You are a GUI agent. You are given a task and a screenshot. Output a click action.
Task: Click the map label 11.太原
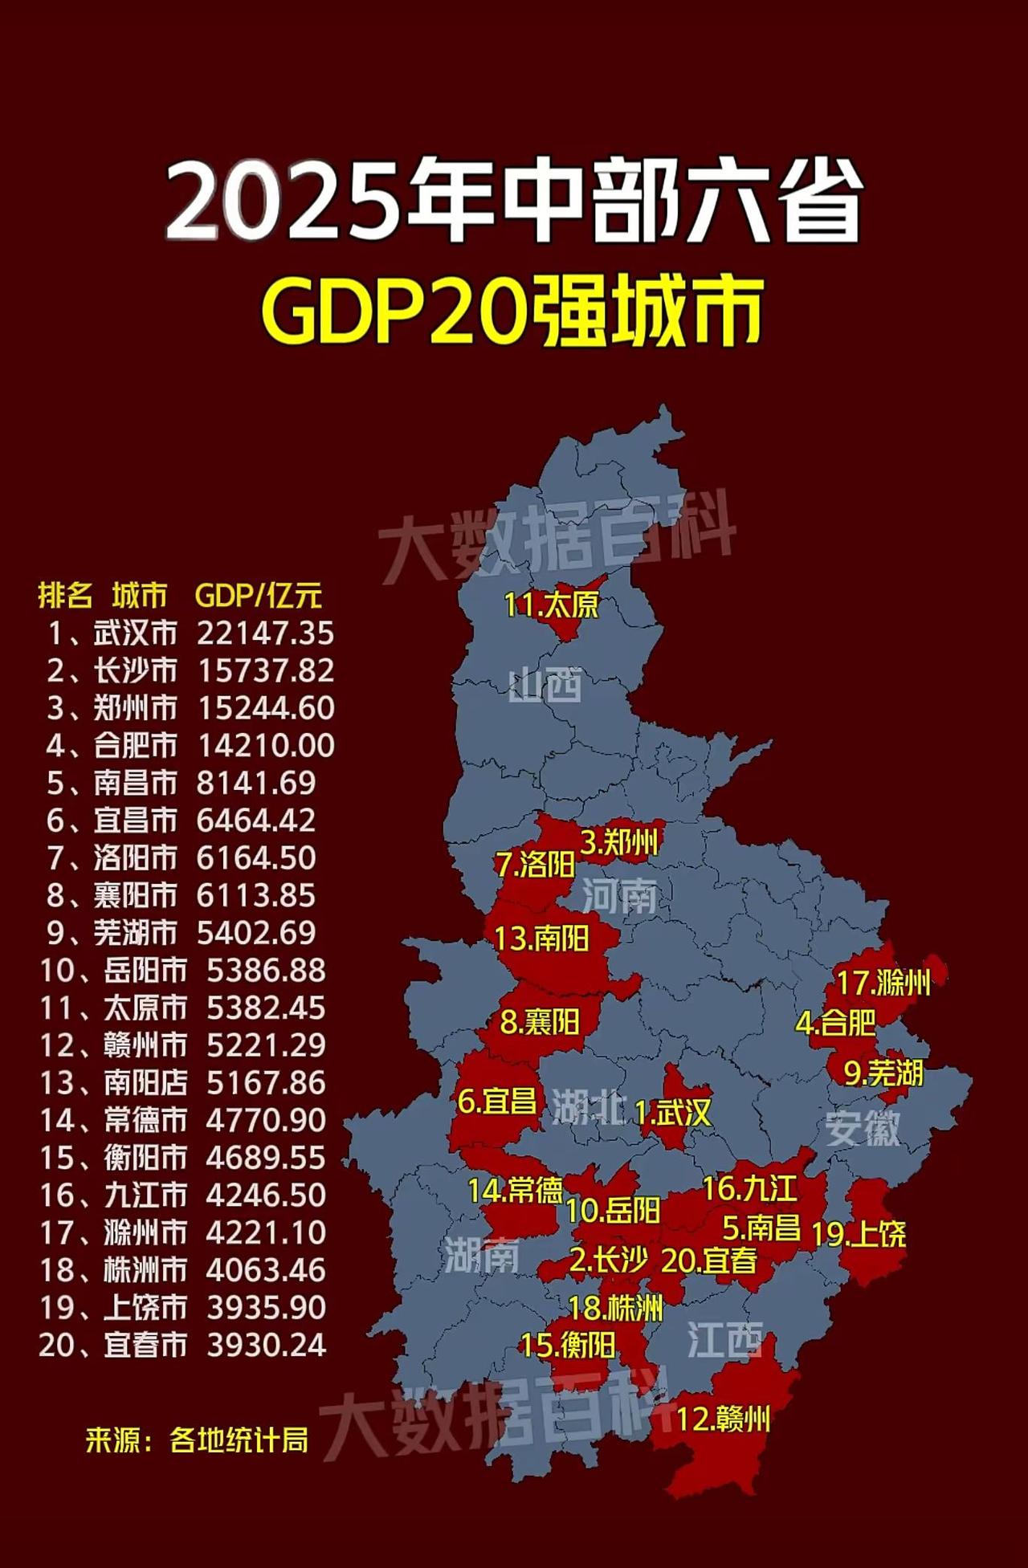pos(551,605)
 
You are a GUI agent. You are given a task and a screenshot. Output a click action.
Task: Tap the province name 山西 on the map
pos(545,686)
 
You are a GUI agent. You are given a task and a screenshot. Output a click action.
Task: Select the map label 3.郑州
pos(619,842)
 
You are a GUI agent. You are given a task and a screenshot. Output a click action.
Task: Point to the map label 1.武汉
pos(672,1113)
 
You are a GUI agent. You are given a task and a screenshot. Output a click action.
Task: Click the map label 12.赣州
pos(723,1419)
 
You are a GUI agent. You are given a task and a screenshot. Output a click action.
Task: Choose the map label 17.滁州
pos(883,982)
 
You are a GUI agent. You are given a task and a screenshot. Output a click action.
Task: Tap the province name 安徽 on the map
pos(863,1129)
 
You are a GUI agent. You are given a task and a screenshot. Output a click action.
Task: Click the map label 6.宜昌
pos(497,1100)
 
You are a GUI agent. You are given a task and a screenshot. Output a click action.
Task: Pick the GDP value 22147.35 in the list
pos(265,633)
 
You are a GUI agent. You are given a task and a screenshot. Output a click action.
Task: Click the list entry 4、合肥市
pos(112,746)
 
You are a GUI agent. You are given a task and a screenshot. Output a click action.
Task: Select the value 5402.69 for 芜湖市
pos(256,933)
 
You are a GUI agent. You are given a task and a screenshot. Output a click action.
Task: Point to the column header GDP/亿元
pos(258,596)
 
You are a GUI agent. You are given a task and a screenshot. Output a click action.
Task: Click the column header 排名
pos(65,596)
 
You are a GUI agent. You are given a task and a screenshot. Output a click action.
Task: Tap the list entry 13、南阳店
pos(113,1083)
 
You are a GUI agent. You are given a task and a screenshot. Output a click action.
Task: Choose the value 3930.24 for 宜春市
pos(266,1345)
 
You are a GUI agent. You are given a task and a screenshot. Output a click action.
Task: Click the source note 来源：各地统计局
pos(197,1440)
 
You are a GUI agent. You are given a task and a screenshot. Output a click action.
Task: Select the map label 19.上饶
pos(858,1234)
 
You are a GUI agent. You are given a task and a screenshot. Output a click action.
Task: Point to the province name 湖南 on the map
pos(482,1254)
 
